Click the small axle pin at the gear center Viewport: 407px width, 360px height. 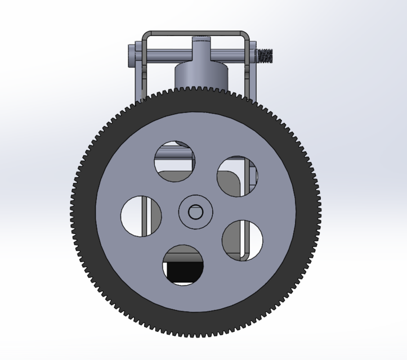click(x=195, y=212)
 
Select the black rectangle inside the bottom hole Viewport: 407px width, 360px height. click(x=183, y=272)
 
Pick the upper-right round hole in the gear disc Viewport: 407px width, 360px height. click(x=237, y=176)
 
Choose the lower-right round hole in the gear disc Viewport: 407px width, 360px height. click(x=243, y=240)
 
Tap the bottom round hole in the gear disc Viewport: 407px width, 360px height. click(x=182, y=265)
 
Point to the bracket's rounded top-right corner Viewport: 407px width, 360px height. click(x=246, y=35)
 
